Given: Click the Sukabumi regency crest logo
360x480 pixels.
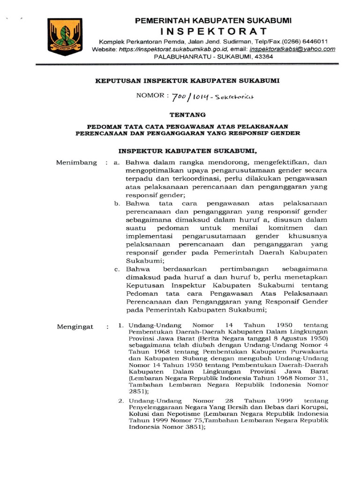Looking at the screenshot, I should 65,37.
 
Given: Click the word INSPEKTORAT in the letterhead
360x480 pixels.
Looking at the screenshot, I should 213,31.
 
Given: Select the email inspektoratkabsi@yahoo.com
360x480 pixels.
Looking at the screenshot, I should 292,49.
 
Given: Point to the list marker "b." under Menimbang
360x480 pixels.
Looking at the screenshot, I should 117,203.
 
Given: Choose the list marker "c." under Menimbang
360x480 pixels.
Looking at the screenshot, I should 117,269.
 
